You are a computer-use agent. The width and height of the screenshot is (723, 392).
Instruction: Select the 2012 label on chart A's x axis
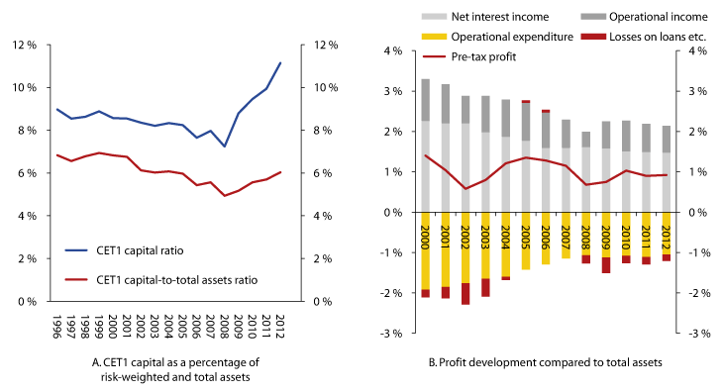pyautogui.click(x=281, y=327)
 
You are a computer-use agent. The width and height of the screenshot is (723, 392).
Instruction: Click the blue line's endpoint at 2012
pyautogui.click(x=281, y=62)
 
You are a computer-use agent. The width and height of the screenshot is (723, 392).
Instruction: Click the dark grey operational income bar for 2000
pyautogui.click(x=426, y=100)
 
